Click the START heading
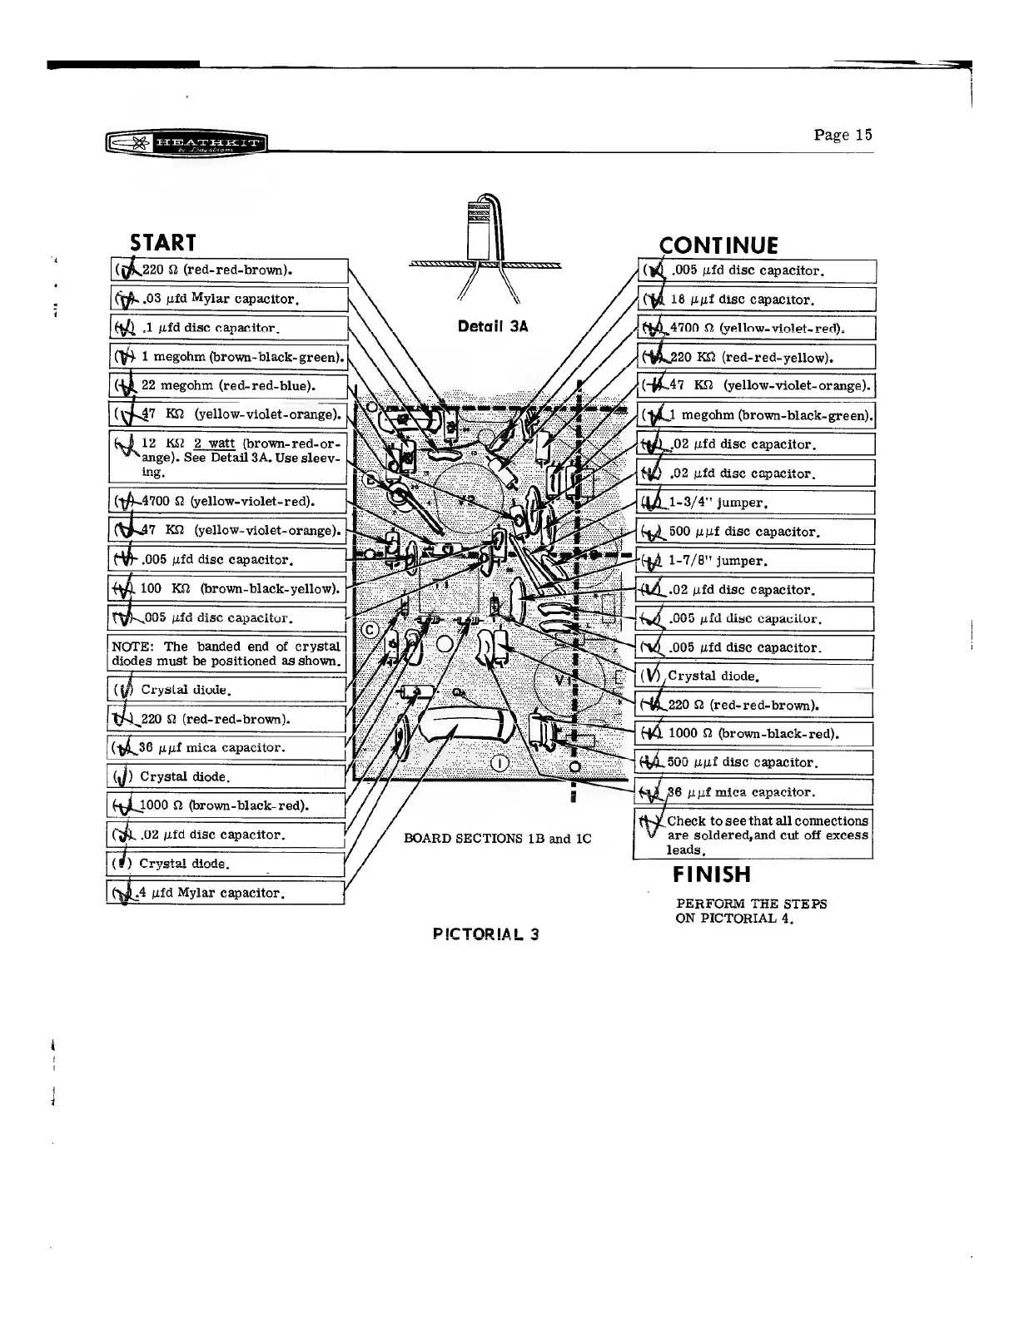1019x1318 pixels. tap(163, 242)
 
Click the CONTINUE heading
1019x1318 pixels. tap(718, 245)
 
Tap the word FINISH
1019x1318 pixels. tap(712, 875)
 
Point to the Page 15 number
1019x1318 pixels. tap(843, 135)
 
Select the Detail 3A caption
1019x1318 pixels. tap(493, 327)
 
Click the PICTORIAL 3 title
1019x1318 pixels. tap(486, 934)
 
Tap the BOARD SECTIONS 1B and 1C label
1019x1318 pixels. tap(497, 838)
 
